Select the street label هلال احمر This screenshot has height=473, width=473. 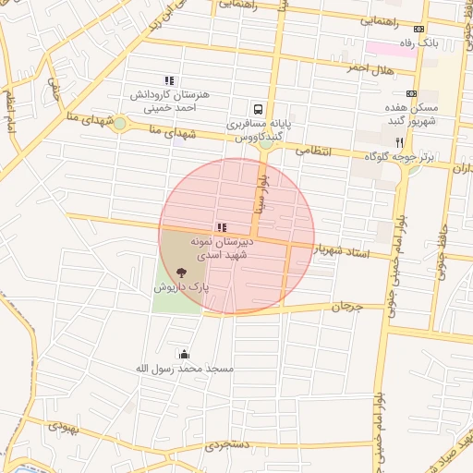pos(370,67)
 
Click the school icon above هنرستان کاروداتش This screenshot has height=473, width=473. pos(168,81)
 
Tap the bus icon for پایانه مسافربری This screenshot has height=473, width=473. pos(260,107)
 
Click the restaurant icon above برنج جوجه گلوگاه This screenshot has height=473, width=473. pos(399,143)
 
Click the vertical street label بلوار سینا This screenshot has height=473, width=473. pos(262,192)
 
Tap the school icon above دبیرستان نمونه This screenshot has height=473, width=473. pos(221,227)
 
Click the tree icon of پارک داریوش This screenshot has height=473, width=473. pos(181,273)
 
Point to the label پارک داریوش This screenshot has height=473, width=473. pos(182,287)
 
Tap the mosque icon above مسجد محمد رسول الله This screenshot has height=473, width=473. pos(184,354)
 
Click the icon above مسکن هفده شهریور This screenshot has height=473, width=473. pos(411,93)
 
